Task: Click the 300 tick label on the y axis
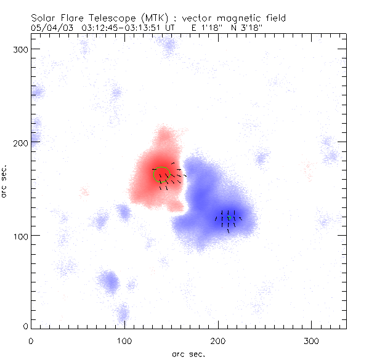20,49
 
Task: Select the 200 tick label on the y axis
20,142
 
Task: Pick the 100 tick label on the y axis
20,236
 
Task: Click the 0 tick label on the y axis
25,326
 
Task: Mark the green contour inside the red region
163,175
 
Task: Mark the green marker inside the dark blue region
230,217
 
